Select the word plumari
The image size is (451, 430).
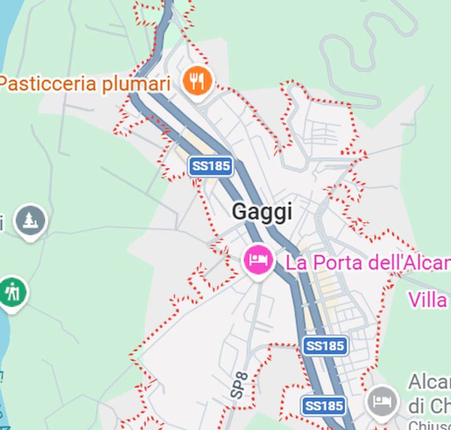(x=136, y=84)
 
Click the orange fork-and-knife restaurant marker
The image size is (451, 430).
(x=197, y=82)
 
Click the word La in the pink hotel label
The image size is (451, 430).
(x=296, y=263)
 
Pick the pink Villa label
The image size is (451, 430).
(x=428, y=300)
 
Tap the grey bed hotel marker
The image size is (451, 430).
(x=382, y=401)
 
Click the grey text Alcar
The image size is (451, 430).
(x=429, y=382)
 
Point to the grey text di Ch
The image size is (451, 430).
(x=429, y=405)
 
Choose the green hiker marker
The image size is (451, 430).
(x=12, y=292)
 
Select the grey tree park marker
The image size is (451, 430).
(x=30, y=220)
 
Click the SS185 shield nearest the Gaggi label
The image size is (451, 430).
(x=210, y=166)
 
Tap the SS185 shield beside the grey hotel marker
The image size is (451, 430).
(x=323, y=406)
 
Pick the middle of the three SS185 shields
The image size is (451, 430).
(x=325, y=345)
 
